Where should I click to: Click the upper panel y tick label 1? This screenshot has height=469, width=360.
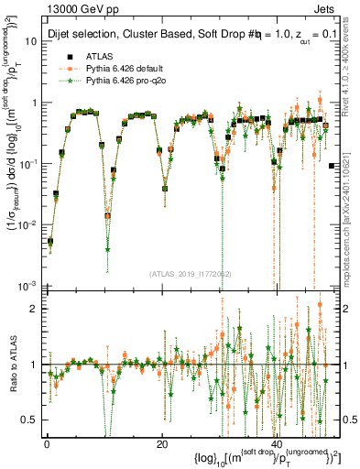34,103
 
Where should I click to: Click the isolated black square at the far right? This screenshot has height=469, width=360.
331,166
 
